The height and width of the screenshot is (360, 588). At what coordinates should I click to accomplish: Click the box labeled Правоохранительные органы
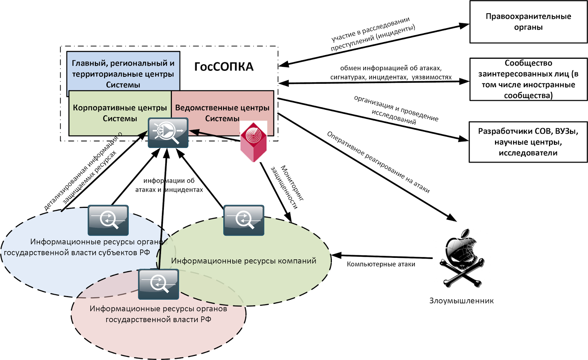(528, 22)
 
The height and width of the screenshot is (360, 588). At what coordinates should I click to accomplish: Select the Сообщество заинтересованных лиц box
(528, 79)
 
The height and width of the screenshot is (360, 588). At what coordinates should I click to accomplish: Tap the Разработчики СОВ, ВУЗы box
(528, 142)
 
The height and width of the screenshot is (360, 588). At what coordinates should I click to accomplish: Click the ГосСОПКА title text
(224, 67)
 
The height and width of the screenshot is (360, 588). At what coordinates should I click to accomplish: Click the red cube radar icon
(253, 141)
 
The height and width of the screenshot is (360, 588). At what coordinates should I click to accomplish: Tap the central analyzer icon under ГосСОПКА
(168, 133)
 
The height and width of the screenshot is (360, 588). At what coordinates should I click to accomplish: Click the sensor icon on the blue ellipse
(108, 220)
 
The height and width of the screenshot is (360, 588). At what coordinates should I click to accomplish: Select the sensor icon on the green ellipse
(244, 220)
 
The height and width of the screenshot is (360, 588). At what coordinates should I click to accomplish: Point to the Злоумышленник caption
(461, 301)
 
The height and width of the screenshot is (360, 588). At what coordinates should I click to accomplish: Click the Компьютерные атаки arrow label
(381, 264)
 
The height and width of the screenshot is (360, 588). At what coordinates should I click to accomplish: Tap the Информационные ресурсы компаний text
(243, 261)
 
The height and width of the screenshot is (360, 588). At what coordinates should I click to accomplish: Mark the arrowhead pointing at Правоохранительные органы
(464, 26)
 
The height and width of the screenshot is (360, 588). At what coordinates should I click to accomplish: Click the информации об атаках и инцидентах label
(169, 185)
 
